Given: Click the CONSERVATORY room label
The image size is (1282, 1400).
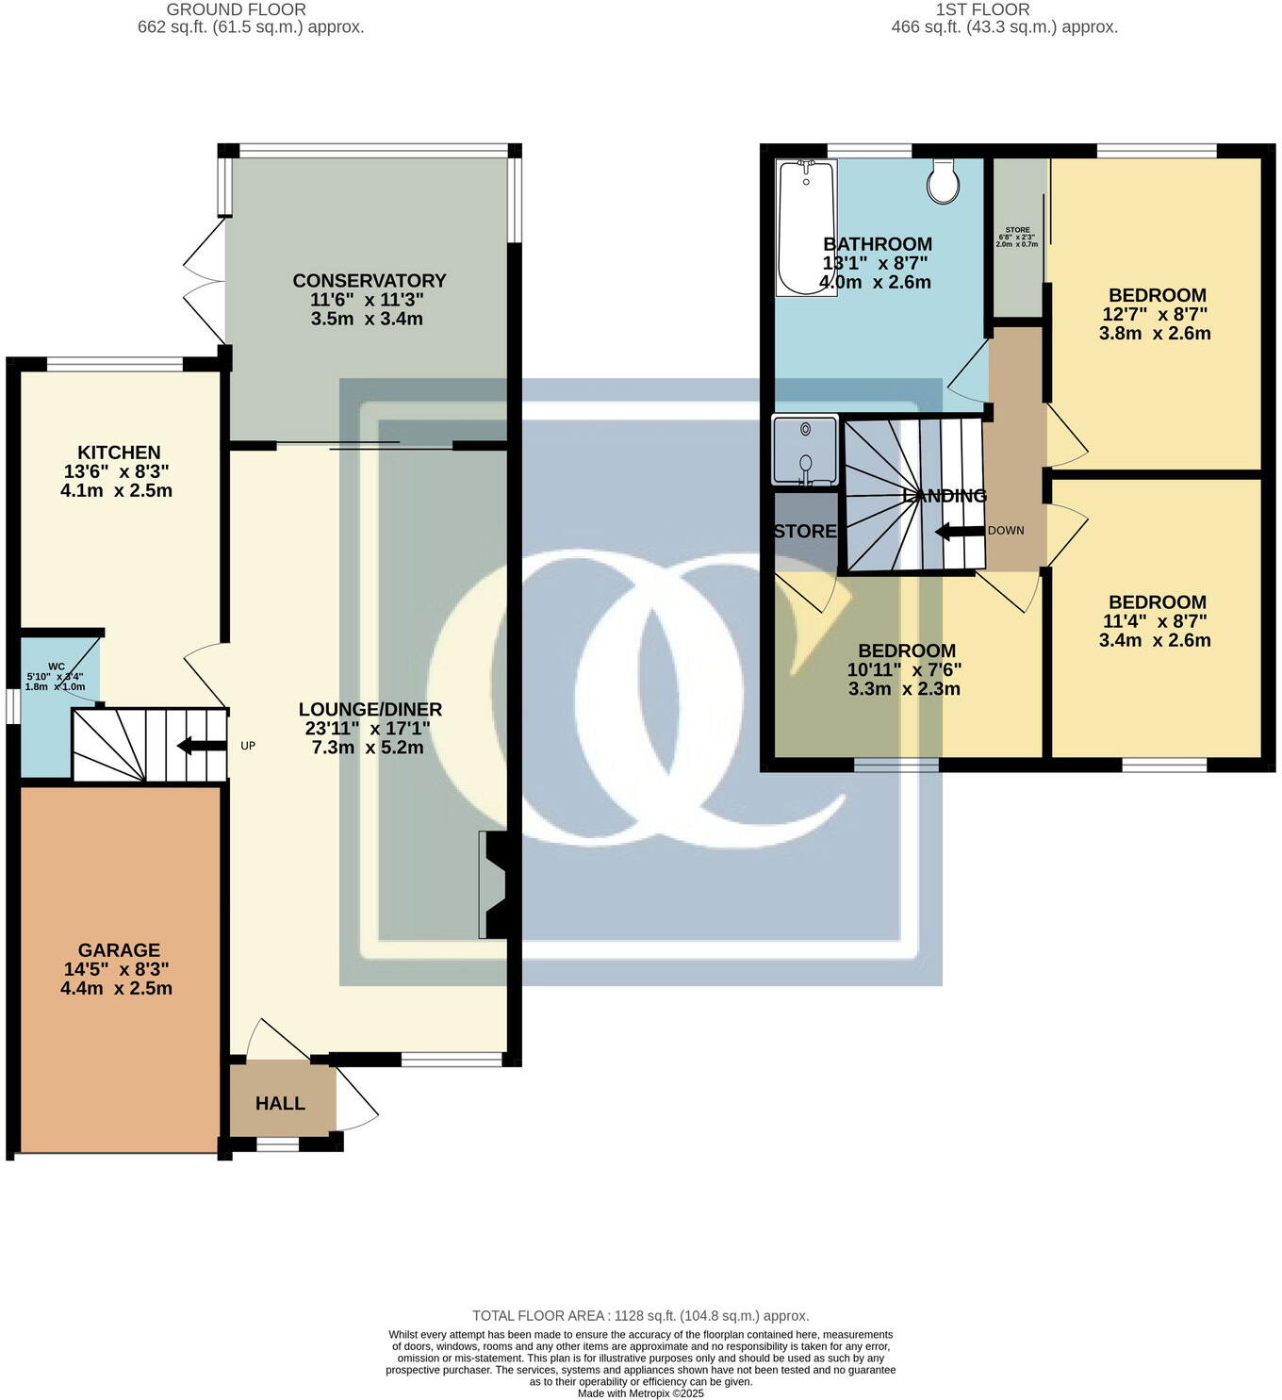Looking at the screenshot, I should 369,281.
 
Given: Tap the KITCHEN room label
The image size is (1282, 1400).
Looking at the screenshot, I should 119,453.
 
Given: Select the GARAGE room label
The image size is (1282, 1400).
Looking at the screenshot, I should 119,950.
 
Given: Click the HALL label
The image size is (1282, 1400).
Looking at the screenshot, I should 280,1103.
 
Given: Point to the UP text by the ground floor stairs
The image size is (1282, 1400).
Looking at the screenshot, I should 248,746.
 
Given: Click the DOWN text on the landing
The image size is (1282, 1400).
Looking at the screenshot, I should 1006,531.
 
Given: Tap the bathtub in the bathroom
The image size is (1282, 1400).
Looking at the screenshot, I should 805,226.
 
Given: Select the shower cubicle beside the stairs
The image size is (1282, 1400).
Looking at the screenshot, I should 805,450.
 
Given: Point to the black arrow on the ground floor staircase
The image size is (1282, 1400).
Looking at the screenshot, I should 201,747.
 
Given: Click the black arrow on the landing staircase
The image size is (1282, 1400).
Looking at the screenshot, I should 959,532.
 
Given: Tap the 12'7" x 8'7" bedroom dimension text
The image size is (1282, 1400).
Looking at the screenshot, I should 1156,314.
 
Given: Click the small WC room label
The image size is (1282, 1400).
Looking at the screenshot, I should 57,666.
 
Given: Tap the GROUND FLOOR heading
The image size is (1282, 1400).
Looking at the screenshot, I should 236,9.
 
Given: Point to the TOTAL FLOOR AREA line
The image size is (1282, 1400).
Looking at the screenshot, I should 640,1316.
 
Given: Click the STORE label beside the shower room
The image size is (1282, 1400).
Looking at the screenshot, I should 805,532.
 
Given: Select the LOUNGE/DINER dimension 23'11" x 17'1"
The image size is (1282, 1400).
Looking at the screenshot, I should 368,729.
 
